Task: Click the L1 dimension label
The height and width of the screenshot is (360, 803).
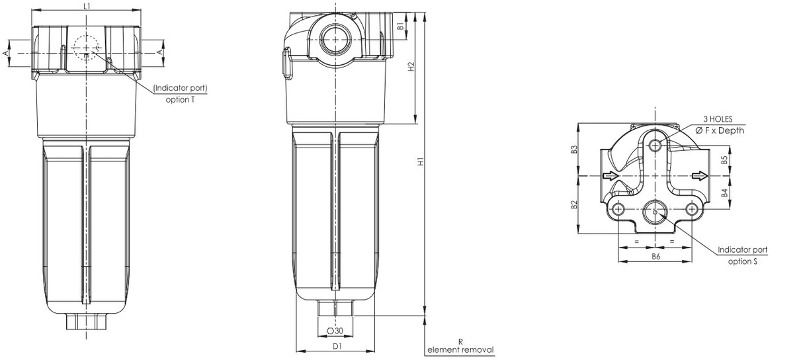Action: [x=87, y=5]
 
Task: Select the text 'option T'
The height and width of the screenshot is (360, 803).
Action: [x=180, y=99]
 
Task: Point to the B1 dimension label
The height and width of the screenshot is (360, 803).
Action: [x=400, y=26]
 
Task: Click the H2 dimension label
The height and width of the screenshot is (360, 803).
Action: [x=411, y=67]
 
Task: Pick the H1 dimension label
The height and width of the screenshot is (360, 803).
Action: [x=421, y=162]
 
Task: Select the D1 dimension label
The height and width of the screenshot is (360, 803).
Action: [x=337, y=345]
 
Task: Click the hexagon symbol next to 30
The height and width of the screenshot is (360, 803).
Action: [x=330, y=330]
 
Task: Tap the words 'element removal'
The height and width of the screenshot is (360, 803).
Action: [x=460, y=349]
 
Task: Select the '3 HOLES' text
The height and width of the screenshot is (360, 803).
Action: [x=717, y=119]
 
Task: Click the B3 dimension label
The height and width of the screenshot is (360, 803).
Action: [x=574, y=150]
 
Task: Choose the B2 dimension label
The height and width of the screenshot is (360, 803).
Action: [x=574, y=204]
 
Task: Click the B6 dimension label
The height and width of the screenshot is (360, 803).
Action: [x=655, y=255]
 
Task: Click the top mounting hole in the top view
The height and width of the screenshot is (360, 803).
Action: [x=655, y=145]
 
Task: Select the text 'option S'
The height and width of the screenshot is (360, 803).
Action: [x=742, y=261]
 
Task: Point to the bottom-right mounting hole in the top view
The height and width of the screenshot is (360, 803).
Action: [x=692, y=209]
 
